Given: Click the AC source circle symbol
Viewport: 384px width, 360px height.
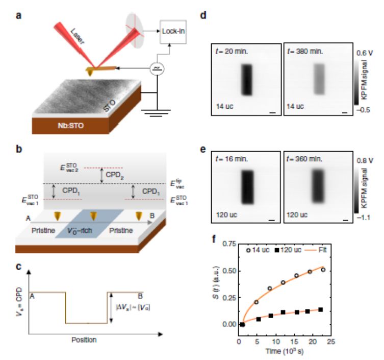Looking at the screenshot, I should click(x=155, y=68).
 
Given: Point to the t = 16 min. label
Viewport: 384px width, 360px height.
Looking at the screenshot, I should click(x=231, y=159).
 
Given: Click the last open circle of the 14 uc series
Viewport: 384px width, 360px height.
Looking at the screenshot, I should click(x=322, y=269).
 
